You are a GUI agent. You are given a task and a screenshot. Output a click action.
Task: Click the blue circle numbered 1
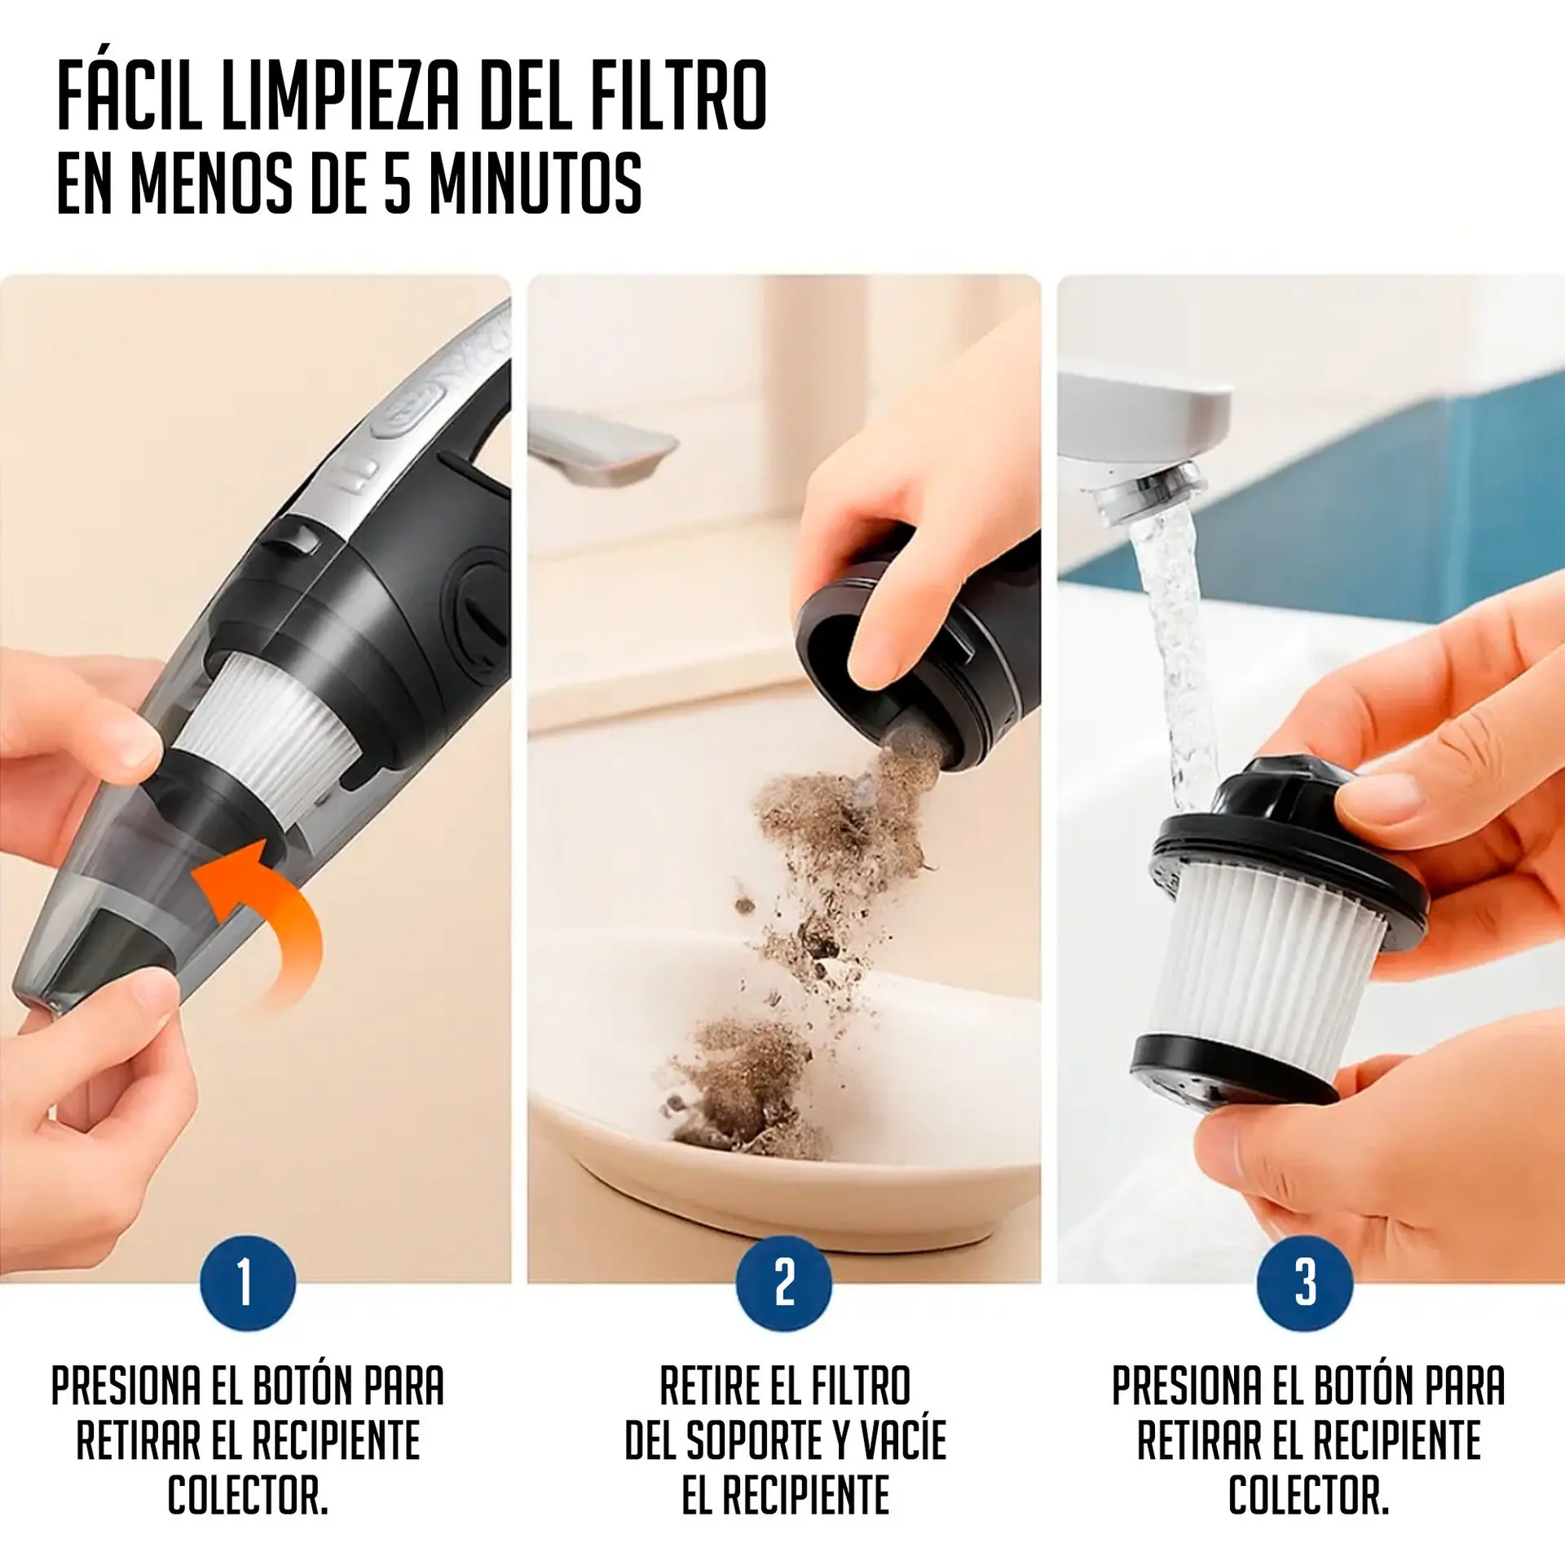pyautogui.click(x=248, y=1282)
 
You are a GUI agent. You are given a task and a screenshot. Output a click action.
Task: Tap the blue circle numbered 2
pyautogui.click(x=784, y=1282)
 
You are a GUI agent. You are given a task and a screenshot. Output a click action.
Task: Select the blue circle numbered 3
pyautogui.click(x=1305, y=1282)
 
